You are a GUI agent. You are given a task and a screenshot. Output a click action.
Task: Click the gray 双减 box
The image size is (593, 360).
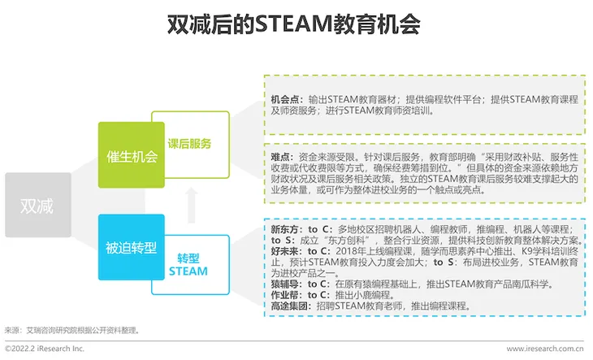[38, 205]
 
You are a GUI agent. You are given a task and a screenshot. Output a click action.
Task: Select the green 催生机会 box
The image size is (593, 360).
[132, 154]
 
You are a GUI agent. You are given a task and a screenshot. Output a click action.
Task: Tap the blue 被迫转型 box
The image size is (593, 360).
[132, 247]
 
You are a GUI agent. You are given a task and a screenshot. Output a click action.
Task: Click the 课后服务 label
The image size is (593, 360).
[189, 144]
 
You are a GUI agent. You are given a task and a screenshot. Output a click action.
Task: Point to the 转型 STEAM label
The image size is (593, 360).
[188, 265]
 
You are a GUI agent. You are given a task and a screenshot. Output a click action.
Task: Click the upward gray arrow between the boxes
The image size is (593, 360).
[192, 205]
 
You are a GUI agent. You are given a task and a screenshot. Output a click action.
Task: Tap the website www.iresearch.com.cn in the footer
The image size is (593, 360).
[545, 349]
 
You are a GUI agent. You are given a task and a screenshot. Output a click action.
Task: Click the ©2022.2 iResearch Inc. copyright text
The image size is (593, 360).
[45, 349]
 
